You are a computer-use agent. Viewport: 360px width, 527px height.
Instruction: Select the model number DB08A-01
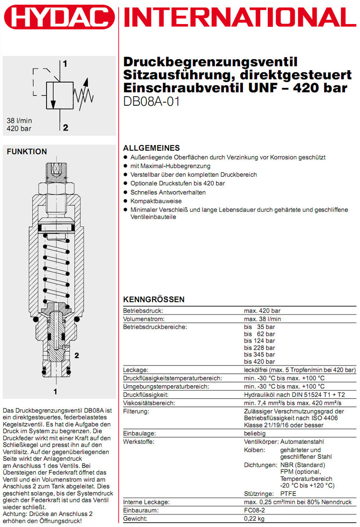click(152, 101)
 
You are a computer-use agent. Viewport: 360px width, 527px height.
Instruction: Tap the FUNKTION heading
click(27, 152)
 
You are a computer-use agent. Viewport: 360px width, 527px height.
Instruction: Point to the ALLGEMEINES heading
click(152, 148)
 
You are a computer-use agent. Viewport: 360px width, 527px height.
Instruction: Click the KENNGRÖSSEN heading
click(154, 299)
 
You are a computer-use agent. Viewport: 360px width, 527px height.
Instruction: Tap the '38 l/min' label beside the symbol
click(19, 121)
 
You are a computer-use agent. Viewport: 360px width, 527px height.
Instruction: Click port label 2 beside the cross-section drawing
click(76, 355)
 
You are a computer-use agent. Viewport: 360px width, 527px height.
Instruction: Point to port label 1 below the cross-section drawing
click(55, 392)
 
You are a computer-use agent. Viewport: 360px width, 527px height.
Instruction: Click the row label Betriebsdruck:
click(143, 310)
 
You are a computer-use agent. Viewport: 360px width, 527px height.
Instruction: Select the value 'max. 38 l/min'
click(263, 319)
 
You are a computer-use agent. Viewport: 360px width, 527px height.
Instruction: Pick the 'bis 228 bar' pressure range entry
click(259, 348)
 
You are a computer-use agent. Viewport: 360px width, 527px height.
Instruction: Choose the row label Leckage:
click(136, 370)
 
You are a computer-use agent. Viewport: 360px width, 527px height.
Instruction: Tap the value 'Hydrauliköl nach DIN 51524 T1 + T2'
click(294, 394)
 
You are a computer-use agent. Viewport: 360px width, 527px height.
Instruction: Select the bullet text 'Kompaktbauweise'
click(152, 201)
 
